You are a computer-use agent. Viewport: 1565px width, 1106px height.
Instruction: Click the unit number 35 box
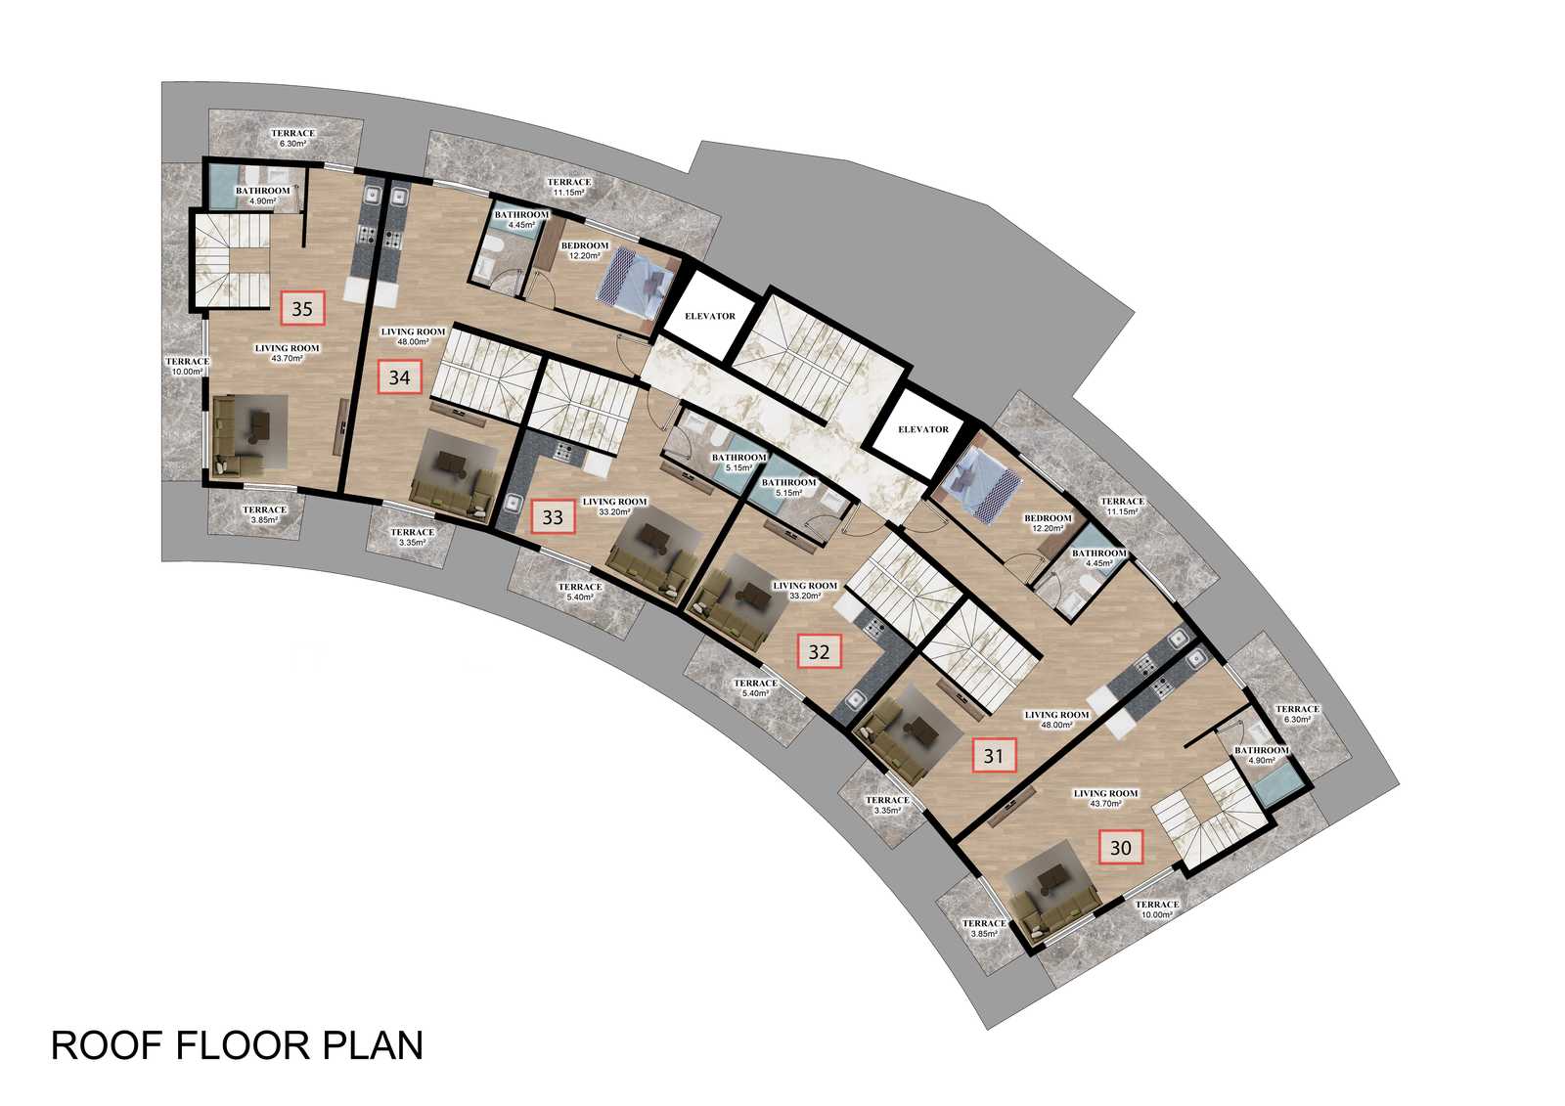point(302,308)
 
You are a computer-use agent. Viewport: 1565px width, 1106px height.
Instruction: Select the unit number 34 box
point(399,377)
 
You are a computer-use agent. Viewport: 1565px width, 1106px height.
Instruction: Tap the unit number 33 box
point(553,517)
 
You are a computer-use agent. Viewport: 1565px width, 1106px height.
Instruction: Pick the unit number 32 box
point(819,652)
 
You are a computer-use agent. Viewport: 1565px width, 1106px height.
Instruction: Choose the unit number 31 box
point(994,755)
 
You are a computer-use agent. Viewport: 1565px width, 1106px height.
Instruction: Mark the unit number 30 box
point(1121,848)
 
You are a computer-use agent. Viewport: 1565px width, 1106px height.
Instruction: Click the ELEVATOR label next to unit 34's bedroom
point(710,316)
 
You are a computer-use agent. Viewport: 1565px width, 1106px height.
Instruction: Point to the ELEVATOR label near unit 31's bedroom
point(923,429)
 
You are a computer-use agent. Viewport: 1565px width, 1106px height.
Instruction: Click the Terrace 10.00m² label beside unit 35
point(187,366)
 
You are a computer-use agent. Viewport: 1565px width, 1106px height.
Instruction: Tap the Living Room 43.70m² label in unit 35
point(288,353)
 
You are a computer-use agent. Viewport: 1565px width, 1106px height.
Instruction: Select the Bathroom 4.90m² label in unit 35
point(263,196)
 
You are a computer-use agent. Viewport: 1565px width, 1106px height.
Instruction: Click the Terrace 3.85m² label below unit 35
point(265,515)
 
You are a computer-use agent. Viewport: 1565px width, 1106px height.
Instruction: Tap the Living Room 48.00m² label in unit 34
point(413,336)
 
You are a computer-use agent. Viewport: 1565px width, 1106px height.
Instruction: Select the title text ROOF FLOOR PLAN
point(238,1046)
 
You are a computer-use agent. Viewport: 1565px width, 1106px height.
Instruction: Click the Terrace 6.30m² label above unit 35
point(292,138)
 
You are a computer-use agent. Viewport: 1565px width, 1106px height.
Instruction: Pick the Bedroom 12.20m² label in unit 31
point(1048,523)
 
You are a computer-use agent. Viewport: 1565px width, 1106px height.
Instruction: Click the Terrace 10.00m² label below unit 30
point(1157,909)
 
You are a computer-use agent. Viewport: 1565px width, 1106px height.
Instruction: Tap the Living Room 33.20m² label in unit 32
point(805,591)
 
